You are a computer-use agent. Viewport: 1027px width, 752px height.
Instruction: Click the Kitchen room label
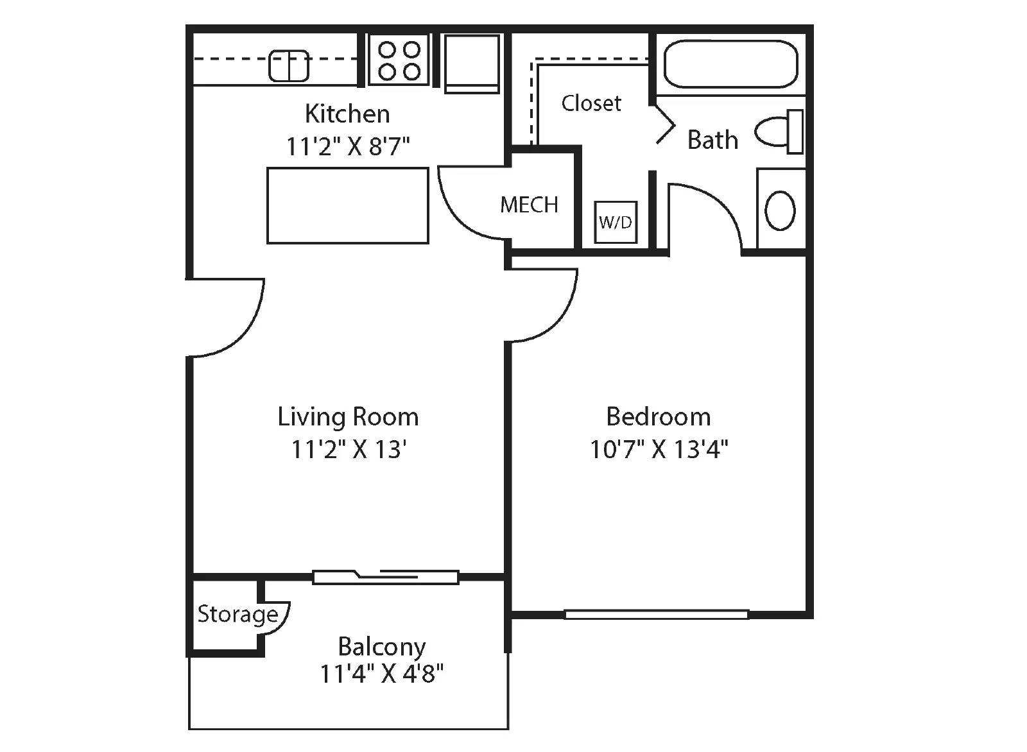point(347,114)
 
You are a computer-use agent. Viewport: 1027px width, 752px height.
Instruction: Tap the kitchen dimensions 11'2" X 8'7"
point(347,146)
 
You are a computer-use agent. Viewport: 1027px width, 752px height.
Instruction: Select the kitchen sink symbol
point(289,65)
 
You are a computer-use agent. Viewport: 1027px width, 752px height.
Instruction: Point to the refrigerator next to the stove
point(472,63)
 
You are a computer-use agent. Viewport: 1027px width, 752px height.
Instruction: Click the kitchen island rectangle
point(347,205)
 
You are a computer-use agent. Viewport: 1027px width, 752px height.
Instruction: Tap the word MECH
point(529,205)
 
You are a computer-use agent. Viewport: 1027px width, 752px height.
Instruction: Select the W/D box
point(616,222)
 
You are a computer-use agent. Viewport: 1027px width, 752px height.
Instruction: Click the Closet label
point(591,103)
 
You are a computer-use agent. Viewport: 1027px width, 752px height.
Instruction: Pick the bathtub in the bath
point(730,64)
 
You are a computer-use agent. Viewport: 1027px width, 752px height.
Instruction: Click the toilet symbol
point(779,132)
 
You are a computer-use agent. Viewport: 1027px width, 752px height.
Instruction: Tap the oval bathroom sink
point(780,210)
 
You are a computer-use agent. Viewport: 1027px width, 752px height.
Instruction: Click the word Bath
point(712,140)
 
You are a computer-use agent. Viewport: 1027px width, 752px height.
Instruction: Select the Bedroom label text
point(659,417)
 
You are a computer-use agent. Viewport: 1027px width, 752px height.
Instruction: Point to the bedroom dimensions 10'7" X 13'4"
point(659,449)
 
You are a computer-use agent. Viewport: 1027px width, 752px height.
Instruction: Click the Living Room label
point(348,417)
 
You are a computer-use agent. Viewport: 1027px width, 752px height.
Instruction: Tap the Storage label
point(237,614)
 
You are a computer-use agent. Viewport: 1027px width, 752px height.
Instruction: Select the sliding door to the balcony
point(386,577)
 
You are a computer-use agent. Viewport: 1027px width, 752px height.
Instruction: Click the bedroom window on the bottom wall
point(656,615)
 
